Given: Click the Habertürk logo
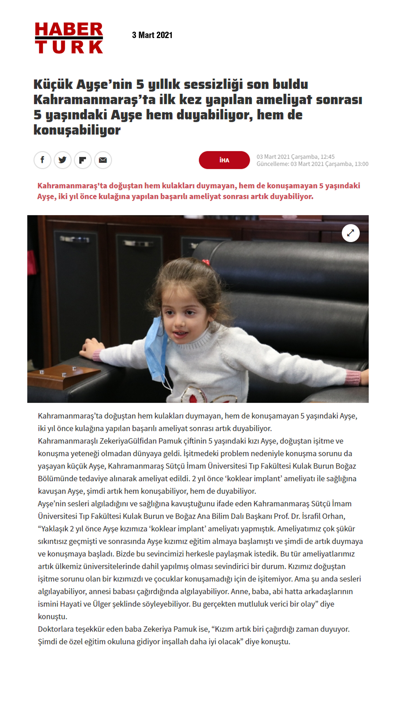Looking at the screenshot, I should pos(69,38).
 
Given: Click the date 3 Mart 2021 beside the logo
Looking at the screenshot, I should pos(152,35).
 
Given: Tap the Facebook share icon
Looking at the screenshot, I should pos(42,160).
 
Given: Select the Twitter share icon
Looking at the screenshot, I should pos(63,160).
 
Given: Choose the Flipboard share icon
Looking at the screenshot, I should pos(83,160).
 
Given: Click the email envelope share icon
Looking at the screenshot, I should pos(103,160).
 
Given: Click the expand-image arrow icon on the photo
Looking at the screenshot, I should pos(351,233).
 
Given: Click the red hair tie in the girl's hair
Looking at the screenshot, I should pos(205,262).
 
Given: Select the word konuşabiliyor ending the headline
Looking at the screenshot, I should pos(77,130).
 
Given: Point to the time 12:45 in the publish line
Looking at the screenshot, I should pos(327,157).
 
